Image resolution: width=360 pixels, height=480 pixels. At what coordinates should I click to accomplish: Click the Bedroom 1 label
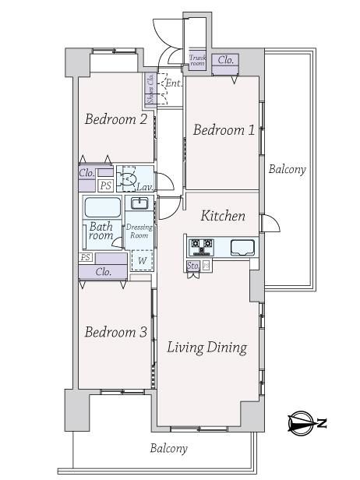(224, 130)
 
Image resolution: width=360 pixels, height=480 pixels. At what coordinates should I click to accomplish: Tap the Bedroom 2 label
(116, 118)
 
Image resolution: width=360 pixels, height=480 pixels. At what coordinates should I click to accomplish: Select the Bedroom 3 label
(115, 332)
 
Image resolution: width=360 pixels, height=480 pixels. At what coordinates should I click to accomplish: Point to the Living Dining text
(207, 348)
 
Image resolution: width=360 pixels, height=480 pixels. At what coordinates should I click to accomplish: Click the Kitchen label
(223, 216)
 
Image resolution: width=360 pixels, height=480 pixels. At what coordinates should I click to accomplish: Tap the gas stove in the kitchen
(202, 247)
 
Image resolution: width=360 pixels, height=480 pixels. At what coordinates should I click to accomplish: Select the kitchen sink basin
(242, 247)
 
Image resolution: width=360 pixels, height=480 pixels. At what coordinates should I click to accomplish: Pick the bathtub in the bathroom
(103, 207)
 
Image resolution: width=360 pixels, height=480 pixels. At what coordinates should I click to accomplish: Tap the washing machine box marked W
(142, 260)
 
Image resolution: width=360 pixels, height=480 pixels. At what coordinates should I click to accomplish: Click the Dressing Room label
(139, 231)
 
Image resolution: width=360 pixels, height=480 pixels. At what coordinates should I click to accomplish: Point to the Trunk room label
(197, 60)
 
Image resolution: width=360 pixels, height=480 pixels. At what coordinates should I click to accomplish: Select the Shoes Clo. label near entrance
(150, 89)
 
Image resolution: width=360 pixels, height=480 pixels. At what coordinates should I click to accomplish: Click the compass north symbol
(307, 423)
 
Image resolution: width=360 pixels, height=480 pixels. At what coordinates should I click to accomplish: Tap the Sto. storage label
(193, 266)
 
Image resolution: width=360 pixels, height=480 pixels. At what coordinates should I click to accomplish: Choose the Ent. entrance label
(173, 83)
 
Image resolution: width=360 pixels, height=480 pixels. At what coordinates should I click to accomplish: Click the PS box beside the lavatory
(106, 185)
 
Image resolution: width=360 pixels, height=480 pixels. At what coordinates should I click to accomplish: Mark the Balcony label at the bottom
(168, 449)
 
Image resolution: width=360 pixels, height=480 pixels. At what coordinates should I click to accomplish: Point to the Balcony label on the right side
(287, 169)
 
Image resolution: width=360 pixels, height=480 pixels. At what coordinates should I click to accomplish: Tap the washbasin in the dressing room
(139, 203)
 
